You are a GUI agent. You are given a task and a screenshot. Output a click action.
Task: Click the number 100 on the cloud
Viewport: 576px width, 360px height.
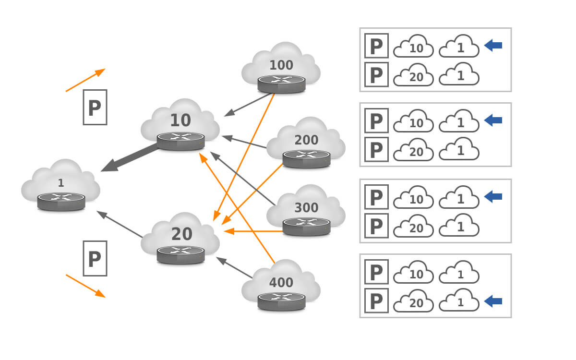pos(281,65)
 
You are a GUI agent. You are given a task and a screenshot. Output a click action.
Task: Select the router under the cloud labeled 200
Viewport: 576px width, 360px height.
pos(306,158)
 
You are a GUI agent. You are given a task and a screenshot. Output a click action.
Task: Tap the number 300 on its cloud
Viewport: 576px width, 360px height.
pos(306,208)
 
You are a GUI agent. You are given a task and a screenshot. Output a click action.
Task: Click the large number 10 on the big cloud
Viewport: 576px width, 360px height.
pos(180,120)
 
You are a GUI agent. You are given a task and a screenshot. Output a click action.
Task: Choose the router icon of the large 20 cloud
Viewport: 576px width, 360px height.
pos(180,254)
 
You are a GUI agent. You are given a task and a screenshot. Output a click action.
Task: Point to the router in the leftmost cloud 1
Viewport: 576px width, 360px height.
pos(61,201)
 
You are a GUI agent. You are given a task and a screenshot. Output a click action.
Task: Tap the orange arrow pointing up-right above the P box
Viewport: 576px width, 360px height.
pos(85,80)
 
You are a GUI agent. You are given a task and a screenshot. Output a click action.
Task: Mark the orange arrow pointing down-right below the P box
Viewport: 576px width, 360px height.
pos(85,286)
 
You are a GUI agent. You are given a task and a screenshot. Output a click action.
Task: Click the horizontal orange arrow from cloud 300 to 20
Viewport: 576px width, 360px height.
pos(254,231)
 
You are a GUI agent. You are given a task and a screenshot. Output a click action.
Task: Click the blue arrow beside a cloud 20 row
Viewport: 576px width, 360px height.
pos(493,301)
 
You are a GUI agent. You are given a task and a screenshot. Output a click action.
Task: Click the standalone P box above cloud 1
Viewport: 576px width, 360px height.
pos(95,107)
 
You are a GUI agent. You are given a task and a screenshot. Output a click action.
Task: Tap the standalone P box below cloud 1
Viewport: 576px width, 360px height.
pos(95,259)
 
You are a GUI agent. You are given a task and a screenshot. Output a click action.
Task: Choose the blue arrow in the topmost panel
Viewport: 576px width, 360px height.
pos(493,46)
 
